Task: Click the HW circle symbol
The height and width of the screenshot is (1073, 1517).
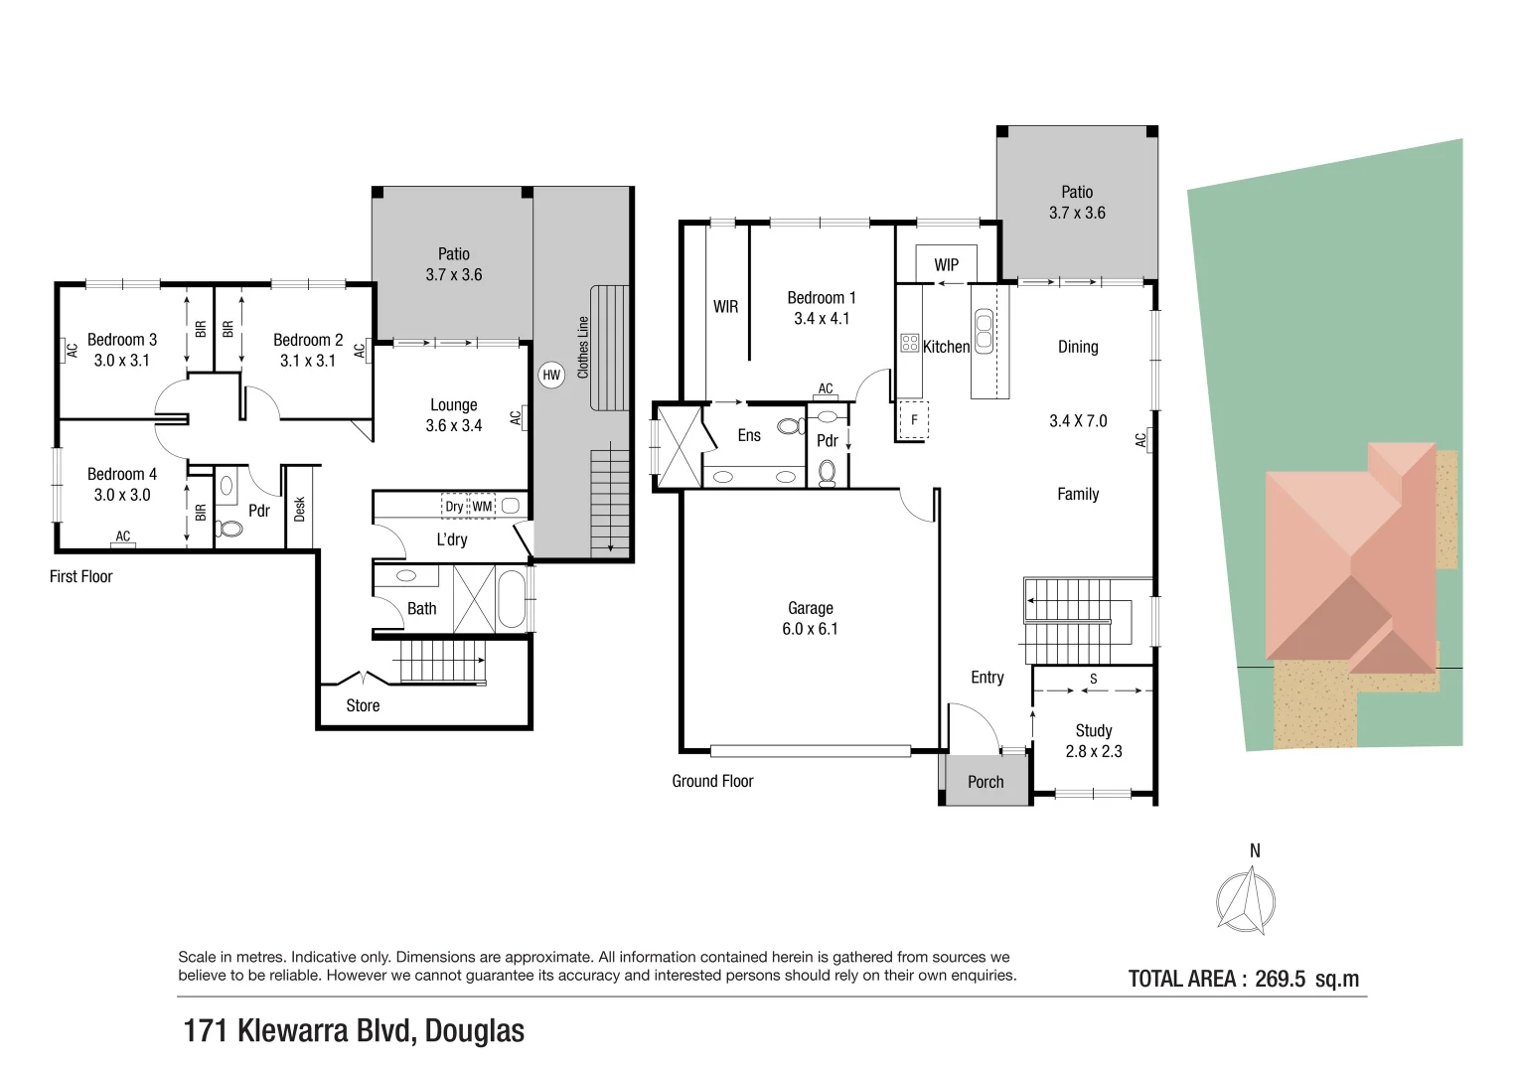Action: tap(551, 376)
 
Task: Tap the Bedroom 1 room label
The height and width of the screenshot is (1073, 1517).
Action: tap(822, 298)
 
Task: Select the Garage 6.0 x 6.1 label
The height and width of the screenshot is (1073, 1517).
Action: tap(810, 618)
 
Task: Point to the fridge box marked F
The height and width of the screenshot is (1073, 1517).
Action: tap(914, 420)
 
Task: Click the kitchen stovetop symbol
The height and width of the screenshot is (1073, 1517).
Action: tap(910, 343)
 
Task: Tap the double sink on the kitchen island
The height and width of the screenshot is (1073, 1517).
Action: tap(984, 331)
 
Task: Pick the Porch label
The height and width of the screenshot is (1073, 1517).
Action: tap(986, 782)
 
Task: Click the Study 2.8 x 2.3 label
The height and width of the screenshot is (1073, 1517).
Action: tap(1094, 741)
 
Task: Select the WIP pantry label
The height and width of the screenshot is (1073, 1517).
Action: tap(946, 265)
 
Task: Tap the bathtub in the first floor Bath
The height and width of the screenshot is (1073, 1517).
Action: tap(512, 599)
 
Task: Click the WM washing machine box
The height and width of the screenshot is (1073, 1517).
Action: tap(482, 507)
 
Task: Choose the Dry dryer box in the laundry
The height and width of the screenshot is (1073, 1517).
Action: tap(454, 507)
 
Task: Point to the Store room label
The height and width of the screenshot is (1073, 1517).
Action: tap(363, 705)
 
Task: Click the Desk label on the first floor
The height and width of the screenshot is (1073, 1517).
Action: tap(299, 509)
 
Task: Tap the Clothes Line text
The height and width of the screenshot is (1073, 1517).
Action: tap(582, 347)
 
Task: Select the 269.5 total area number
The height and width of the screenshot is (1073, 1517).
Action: tap(1280, 979)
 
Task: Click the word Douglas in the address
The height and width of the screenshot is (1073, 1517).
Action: tap(475, 1031)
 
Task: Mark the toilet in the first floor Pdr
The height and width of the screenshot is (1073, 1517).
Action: tap(230, 528)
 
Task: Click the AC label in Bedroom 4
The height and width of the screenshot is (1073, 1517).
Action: tap(122, 536)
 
